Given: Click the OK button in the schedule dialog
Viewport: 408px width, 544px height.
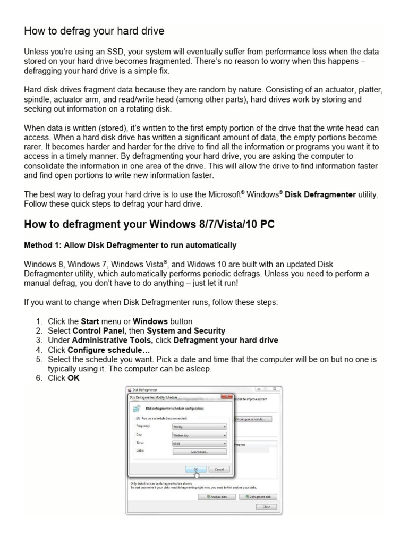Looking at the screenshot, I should [x=194, y=469].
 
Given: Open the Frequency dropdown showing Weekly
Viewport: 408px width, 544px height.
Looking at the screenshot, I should [x=199, y=426].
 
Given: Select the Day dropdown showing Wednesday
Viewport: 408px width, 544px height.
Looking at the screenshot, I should [x=199, y=435].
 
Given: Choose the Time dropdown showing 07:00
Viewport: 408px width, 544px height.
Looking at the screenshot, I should [x=199, y=443].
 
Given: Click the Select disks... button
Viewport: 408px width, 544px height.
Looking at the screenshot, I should [x=199, y=452].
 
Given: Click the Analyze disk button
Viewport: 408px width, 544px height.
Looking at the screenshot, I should [x=216, y=497].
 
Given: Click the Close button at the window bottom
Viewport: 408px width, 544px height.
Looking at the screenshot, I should [x=266, y=507].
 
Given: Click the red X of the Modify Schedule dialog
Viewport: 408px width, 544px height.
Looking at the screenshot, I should [x=226, y=397].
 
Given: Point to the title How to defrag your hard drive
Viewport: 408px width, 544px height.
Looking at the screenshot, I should [x=94, y=31].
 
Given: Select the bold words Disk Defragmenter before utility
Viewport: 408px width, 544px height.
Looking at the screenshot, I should [x=320, y=194].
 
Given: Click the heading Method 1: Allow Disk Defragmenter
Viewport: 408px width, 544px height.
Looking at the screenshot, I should [x=130, y=245].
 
